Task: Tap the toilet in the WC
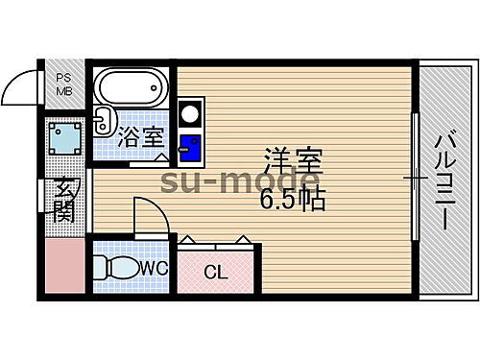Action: pyautogui.click(x=119, y=268)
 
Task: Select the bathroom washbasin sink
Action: pyautogui.click(x=104, y=122)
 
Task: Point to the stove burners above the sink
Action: pyautogui.click(x=189, y=113)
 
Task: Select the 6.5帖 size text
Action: pyautogui.click(x=291, y=200)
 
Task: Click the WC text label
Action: pyautogui.click(x=155, y=268)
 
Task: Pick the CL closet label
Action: pyautogui.click(x=216, y=272)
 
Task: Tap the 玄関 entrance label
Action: pyautogui.click(x=64, y=200)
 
